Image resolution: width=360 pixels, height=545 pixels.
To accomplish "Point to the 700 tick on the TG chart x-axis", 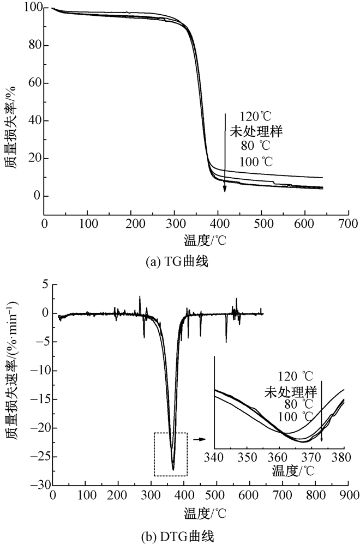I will point(348,224).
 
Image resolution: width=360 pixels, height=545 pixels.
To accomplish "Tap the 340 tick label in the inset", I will point(214,456).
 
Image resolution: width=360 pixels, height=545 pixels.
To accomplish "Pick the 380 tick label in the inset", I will point(344,456).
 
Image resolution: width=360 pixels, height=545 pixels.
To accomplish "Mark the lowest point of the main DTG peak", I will point(173,469).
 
